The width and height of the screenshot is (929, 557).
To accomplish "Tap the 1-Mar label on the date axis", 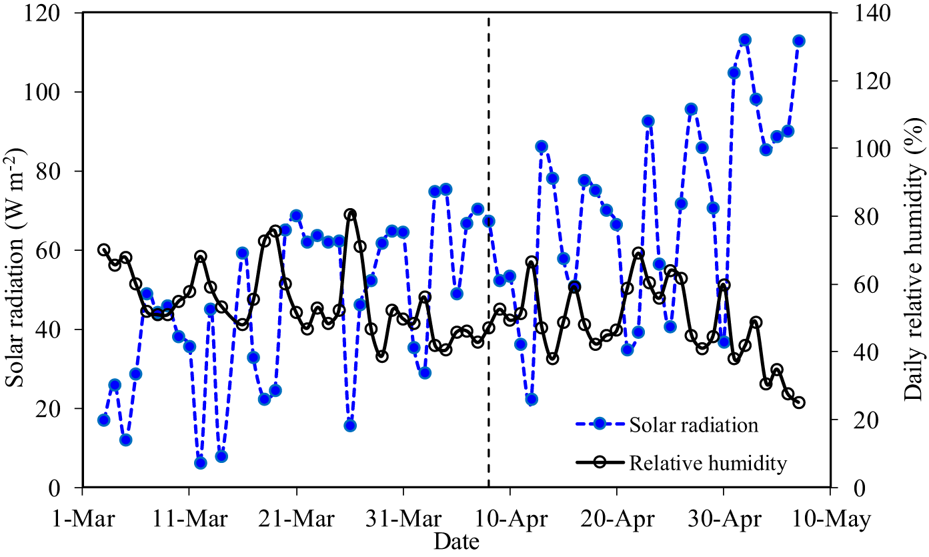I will point(82,520).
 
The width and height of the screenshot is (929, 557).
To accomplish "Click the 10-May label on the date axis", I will point(830,520).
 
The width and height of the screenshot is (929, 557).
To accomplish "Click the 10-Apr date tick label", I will point(510,520).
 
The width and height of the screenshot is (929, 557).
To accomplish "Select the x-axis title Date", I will point(456,542).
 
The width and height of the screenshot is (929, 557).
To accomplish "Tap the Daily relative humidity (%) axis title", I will point(912,250).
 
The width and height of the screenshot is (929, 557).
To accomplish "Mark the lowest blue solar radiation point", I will point(200,463).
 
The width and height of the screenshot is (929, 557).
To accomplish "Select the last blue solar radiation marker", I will point(798,41).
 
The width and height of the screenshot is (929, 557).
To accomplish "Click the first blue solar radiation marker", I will point(103,420).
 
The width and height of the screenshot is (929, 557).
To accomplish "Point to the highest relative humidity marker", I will point(350,214).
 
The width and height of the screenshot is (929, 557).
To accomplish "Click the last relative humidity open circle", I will point(798,402).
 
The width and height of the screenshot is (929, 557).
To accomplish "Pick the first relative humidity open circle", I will point(103,250).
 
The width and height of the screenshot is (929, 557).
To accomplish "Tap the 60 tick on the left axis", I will point(63,250).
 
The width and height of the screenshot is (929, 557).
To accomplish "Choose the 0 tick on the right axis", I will point(844,488).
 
